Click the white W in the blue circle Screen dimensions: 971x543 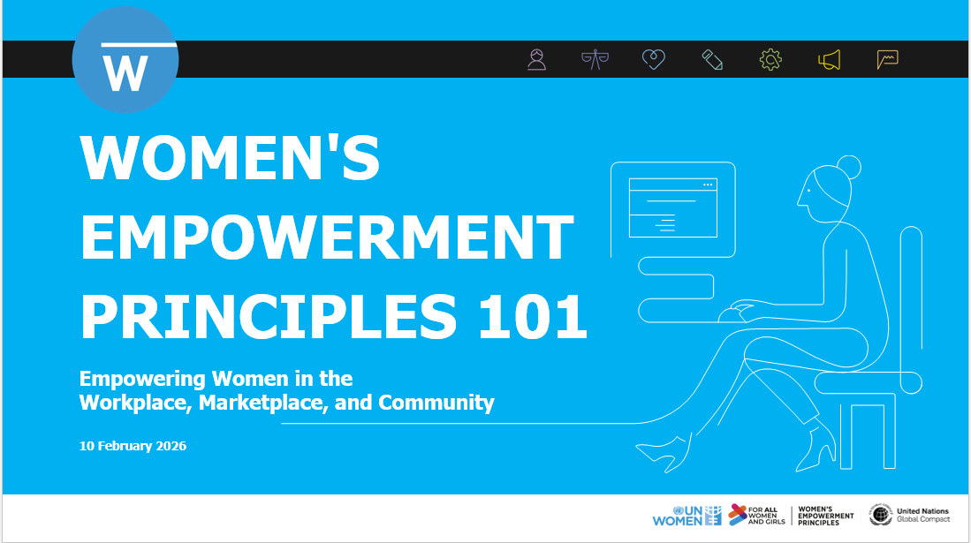click(125, 73)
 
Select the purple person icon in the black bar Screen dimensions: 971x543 click(536, 59)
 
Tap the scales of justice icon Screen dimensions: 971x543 click(595, 59)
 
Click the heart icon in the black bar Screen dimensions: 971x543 click(653, 59)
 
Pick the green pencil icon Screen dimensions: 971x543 click(712, 59)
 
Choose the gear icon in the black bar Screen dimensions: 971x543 click(770, 59)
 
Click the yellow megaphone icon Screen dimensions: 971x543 click(829, 59)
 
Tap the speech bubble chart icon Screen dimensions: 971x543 click(887, 59)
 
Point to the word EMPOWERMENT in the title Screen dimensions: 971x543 click(327, 237)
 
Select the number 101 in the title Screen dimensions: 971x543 click(533, 316)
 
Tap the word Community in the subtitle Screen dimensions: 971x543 click(436, 403)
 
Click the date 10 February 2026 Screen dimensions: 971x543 click(133, 446)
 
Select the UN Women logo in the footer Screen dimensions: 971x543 click(687, 515)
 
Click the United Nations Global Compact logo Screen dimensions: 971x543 click(909, 515)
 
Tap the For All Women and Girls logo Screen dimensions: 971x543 click(756, 515)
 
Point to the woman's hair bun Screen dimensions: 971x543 click(848, 167)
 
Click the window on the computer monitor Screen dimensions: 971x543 click(672, 207)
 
